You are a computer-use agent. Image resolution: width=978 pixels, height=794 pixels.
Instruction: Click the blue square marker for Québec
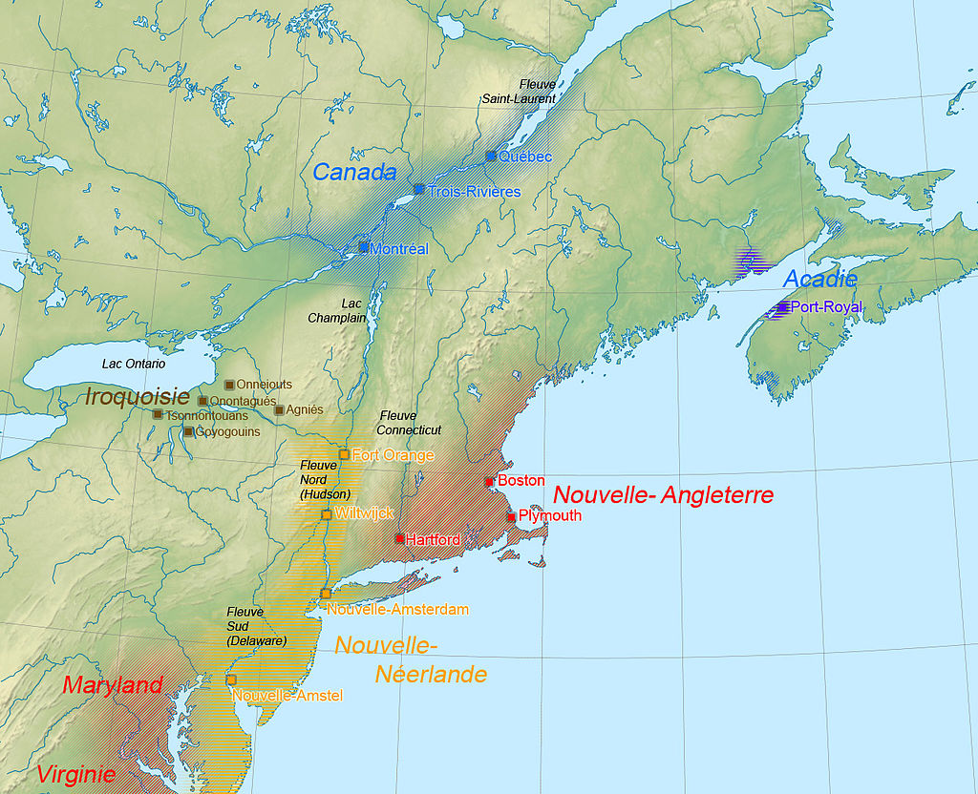pos(491,156)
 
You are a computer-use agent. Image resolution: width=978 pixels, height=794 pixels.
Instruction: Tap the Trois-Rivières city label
pos(474,192)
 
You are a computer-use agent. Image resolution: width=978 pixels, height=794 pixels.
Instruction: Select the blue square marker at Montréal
pos(364,247)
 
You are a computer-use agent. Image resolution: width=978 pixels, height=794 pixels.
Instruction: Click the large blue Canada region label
pos(354,173)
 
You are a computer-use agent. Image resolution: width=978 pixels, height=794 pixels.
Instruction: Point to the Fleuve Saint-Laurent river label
pos(518,91)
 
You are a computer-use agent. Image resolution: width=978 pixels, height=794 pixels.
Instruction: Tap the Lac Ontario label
pos(134,364)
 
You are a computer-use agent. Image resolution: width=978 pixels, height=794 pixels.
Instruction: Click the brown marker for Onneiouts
pos(229,385)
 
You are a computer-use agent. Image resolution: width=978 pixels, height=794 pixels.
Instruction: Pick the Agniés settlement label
pos(305,409)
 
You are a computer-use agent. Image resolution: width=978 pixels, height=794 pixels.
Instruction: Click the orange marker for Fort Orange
pos(344,454)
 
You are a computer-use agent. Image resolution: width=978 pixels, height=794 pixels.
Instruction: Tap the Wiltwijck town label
pos(363,513)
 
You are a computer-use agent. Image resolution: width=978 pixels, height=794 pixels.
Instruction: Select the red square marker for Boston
pos(489,482)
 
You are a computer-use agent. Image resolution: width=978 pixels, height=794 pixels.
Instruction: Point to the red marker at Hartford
pos(400,539)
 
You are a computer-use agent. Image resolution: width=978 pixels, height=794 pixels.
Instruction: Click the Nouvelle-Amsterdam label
pos(397,609)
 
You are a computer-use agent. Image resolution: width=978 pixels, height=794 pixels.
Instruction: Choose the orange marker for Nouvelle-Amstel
pos(231,679)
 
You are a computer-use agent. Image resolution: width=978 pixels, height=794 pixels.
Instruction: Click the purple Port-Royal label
pos(826,307)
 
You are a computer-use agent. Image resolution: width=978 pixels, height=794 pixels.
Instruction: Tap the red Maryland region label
pos(113,685)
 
